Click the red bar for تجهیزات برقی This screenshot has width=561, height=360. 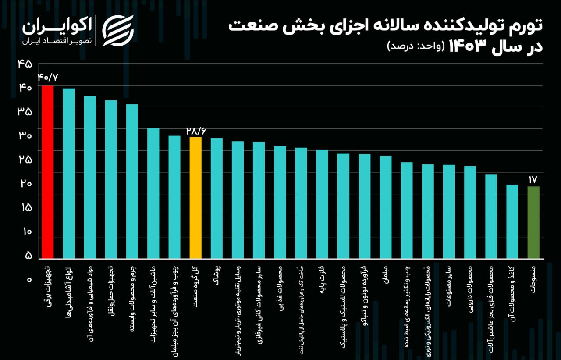point(47,171)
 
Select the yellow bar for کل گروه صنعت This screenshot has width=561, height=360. point(195,197)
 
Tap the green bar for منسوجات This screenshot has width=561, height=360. point(533,222)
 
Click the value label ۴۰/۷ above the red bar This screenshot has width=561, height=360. point(48,77)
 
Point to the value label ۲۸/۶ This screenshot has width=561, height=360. point(195,131)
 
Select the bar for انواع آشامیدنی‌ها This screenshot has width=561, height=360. point(69,173)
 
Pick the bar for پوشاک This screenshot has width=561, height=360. point(217,198)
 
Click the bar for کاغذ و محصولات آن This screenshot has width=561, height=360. point(512,221)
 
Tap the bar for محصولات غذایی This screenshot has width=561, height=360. point(280,202)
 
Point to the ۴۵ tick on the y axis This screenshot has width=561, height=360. point(25,64)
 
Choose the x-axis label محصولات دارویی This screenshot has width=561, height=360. point(470,283)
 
